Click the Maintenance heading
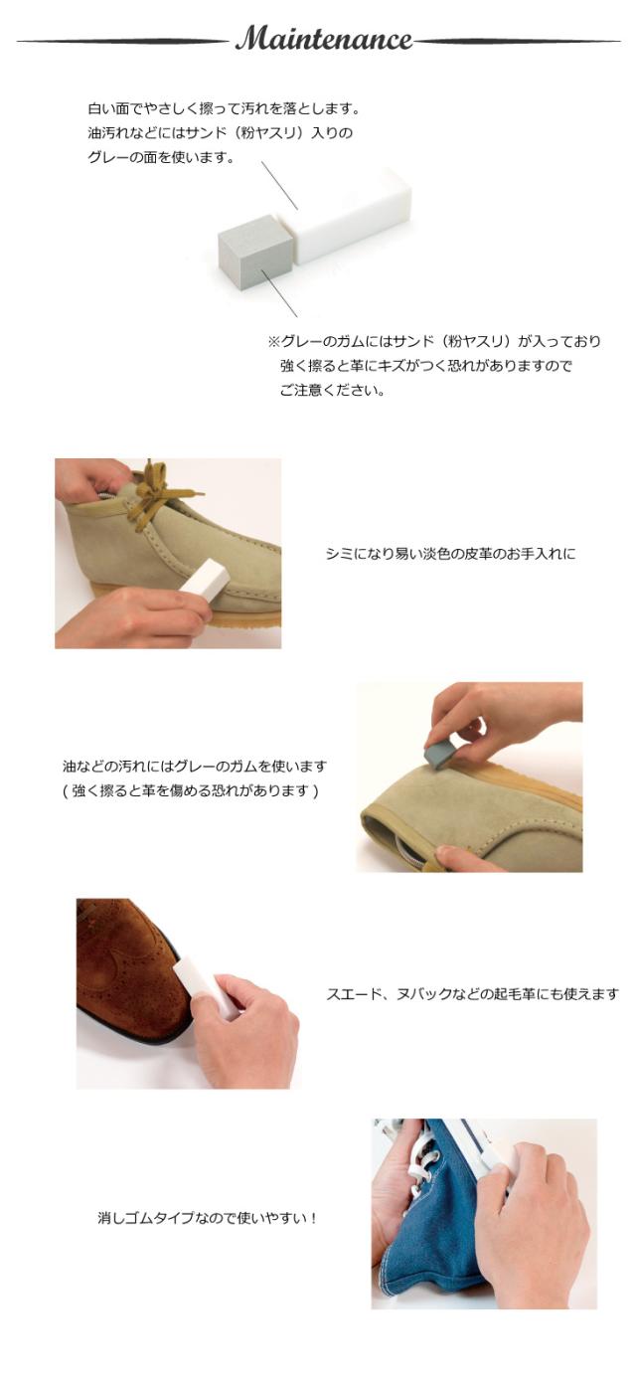pos(323,40)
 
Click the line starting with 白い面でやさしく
pos(223,108)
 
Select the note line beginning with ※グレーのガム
pos(433,341)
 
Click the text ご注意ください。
pos(332,390)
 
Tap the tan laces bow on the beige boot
pos(159,493)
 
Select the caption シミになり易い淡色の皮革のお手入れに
pos(450,554)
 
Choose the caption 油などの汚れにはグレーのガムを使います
pos(194,767)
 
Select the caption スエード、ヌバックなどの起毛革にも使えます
pos(472,993)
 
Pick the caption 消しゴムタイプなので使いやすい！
pos(207,1217)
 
